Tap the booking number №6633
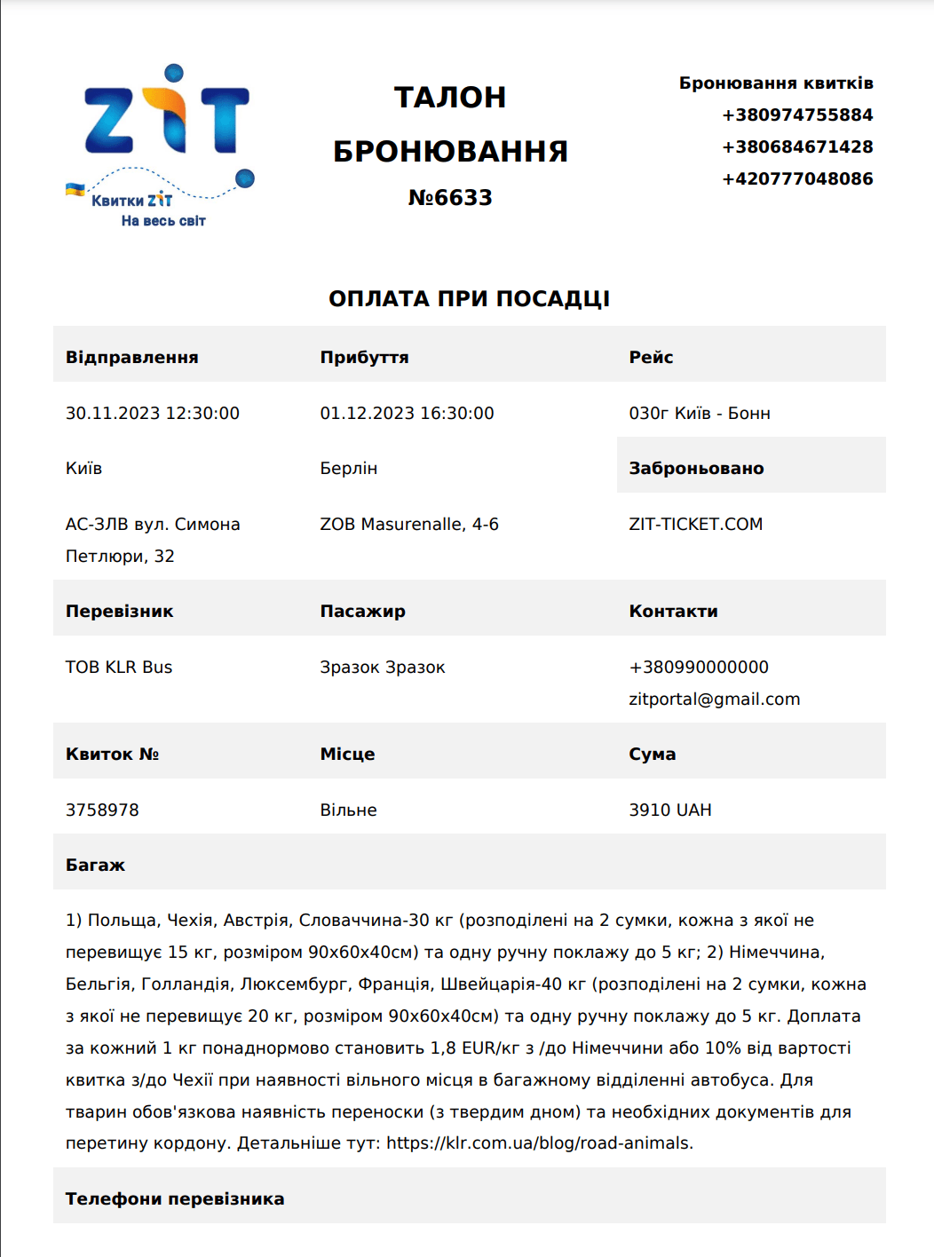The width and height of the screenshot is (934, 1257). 450,198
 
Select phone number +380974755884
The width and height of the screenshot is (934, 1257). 797,115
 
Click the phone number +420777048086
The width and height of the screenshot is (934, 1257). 797,179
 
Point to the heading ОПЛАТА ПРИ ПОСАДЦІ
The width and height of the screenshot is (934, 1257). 469,299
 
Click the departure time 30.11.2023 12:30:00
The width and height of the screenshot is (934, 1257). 153,414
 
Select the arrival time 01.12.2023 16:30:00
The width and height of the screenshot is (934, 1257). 407,414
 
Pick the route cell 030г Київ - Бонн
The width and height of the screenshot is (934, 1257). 700,414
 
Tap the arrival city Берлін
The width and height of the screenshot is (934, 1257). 349,469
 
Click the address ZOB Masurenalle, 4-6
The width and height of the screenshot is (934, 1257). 409,525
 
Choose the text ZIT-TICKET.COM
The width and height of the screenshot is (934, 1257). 696,525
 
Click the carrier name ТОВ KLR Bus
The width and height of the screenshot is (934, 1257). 119,668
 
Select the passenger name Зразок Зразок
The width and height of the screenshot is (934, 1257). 383,668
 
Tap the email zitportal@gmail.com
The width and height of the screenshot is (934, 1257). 715,700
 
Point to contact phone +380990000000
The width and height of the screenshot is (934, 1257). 699,668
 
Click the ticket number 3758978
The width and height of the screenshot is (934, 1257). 102,810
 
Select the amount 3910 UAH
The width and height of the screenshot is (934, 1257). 670,810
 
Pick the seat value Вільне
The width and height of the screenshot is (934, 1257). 349,810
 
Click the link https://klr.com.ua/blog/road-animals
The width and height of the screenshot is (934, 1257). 539,1143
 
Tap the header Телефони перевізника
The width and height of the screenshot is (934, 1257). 175,1199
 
